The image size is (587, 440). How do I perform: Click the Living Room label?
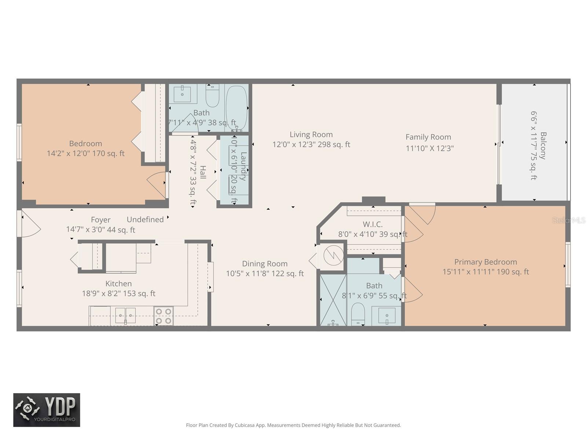point(311,135)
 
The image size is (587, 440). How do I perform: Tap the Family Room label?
point(428,137)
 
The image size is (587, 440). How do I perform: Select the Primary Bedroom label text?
point(485,262)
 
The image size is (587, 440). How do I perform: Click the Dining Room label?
point(265,264)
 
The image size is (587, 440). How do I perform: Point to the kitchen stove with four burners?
point(163,316)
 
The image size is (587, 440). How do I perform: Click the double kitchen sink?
point(125,315)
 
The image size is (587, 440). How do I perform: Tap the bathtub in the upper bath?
point(236,106)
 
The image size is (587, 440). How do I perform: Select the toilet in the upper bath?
point(212,95)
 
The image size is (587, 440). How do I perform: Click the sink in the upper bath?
point(182,94)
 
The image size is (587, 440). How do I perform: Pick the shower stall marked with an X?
point(333,300)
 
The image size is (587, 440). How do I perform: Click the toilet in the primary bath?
point(358,315)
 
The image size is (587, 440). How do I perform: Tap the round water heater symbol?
point(333,254)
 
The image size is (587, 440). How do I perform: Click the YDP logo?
point(47,410)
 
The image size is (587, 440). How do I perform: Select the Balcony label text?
point(543,146)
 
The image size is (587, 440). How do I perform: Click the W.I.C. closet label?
point(372,224)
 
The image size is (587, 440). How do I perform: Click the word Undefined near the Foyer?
point(145,220)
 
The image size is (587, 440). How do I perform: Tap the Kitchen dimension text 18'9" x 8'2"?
point(119,293)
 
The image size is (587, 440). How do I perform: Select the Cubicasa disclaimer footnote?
point(293,425)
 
